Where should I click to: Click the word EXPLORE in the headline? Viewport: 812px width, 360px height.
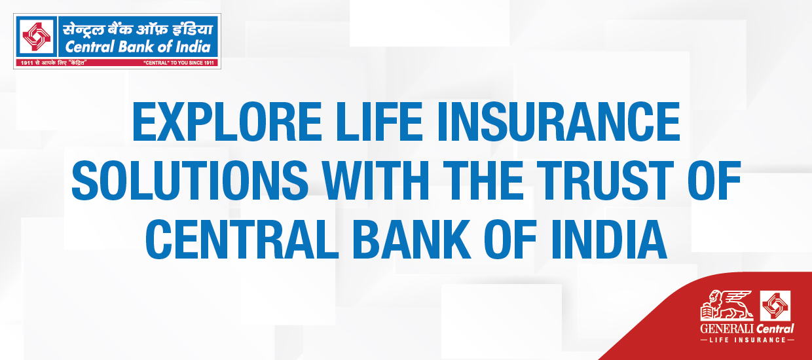click(x=227, y=122)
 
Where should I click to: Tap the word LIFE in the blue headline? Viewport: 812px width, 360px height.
click(x=380, y=122)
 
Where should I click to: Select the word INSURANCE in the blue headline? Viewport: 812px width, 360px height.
click(x=559, y=122)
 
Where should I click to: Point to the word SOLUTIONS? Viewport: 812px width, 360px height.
click(x=190, y=181)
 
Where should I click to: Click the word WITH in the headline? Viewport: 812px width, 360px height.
click(x=376, y=181)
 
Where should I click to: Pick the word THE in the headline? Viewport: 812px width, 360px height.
click(x=483, y=181)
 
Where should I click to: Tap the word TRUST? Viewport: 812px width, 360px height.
click(x=604, y=181)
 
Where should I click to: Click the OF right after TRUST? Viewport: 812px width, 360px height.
click(x=714, y=181)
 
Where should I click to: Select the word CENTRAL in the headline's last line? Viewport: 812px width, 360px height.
click(x=242, y=239)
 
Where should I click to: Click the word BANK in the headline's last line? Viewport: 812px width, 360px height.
click(x=412, y=239)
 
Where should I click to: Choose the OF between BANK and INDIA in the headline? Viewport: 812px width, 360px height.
click(x=510, y=239)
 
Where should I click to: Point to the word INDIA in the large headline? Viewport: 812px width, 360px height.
click(x=609, y=239)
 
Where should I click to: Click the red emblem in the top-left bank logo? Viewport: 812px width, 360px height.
click(x=36, y=36)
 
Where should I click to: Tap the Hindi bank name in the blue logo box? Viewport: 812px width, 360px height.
click(x=138, y=29)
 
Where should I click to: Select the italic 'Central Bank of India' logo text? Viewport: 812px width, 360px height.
click(x=138, y=47)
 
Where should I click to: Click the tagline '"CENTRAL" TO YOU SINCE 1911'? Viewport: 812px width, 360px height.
click(x=179, y=63)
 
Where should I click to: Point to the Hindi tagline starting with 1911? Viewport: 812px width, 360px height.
click(x=53, y=63)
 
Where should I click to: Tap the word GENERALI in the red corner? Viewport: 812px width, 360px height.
click(x=726, y=329)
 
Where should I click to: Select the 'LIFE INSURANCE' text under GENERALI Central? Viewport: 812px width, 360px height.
click(x=747, y=340)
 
